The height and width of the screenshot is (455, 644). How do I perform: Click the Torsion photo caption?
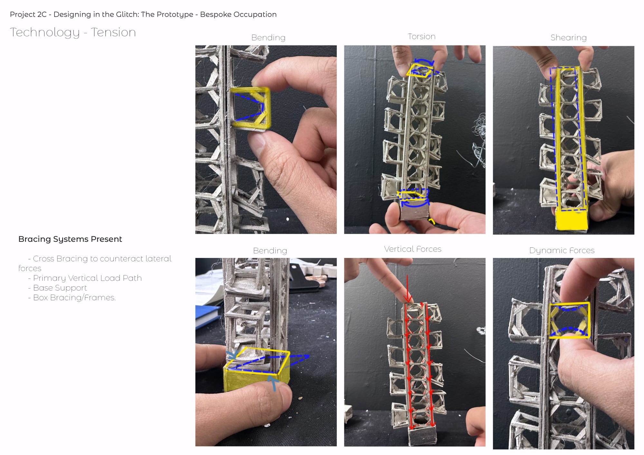pyautogui.click(x=421, y=36)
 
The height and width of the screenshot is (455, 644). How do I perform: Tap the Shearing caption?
pyautogui.click(x=568, y=38)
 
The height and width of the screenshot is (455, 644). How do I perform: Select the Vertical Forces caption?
pyautogui.click(x=412, y=249)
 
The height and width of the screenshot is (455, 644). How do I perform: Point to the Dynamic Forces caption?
pyautogui.click(x=562, y=251)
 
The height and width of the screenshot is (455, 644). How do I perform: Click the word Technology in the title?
pyautogui.click(x=45, y=33)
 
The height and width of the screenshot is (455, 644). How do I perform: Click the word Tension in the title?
pyautogui.click(x=113, y=32)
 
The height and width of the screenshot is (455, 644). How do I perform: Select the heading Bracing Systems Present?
pyautogui.click(x=70, y=239)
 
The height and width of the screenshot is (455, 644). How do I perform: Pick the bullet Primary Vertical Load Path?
pyautogui.click(x=87, y=278)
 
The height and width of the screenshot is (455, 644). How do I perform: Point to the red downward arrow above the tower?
pyautogui.click(x=408, y=289)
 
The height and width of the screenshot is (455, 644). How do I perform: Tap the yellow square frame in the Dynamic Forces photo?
pyautogui.click(x=549, y=320)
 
